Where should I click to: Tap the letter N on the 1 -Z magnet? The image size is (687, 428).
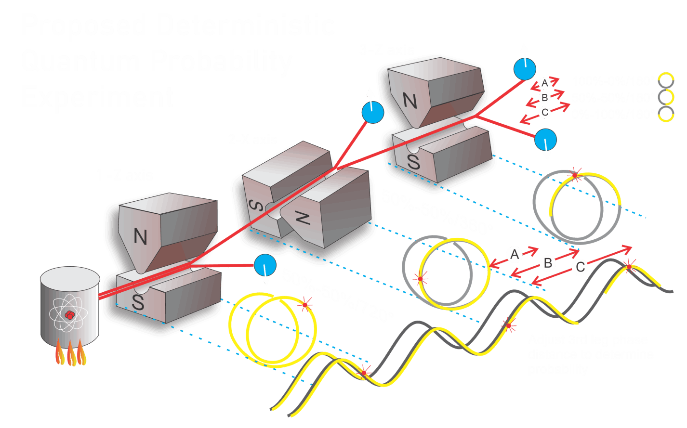click(x=140, y=237)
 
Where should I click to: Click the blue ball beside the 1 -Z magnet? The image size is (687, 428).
click(x=264, y=265)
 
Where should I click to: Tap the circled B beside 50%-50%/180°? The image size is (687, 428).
click(x=544, y=98)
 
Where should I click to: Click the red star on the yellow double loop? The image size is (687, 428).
click(x=304, y=305)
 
